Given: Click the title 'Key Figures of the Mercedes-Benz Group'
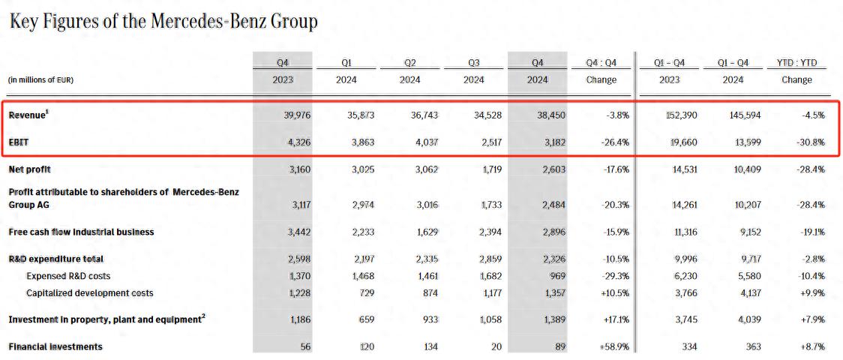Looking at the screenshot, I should pyautogui.click(x=163, y=22).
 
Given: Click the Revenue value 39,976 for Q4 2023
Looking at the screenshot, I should pyautogui.click(x=294, y=115).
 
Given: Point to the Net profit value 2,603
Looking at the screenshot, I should pyautogui.click(x=551, y=169).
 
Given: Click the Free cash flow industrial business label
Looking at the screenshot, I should pyautogui.click(x=81, y=232).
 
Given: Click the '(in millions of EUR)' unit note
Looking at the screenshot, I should pyautogui.click(x=40, y=80).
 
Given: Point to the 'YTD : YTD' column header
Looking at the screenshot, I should pyautogui.click(x=796, y=63).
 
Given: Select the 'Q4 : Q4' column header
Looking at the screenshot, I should pyautogui.click(x=601, y=63).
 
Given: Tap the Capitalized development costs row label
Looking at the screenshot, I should pyautogui.click(x=89, y=292).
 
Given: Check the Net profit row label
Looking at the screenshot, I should pyautogui.click(x=29, y=169).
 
